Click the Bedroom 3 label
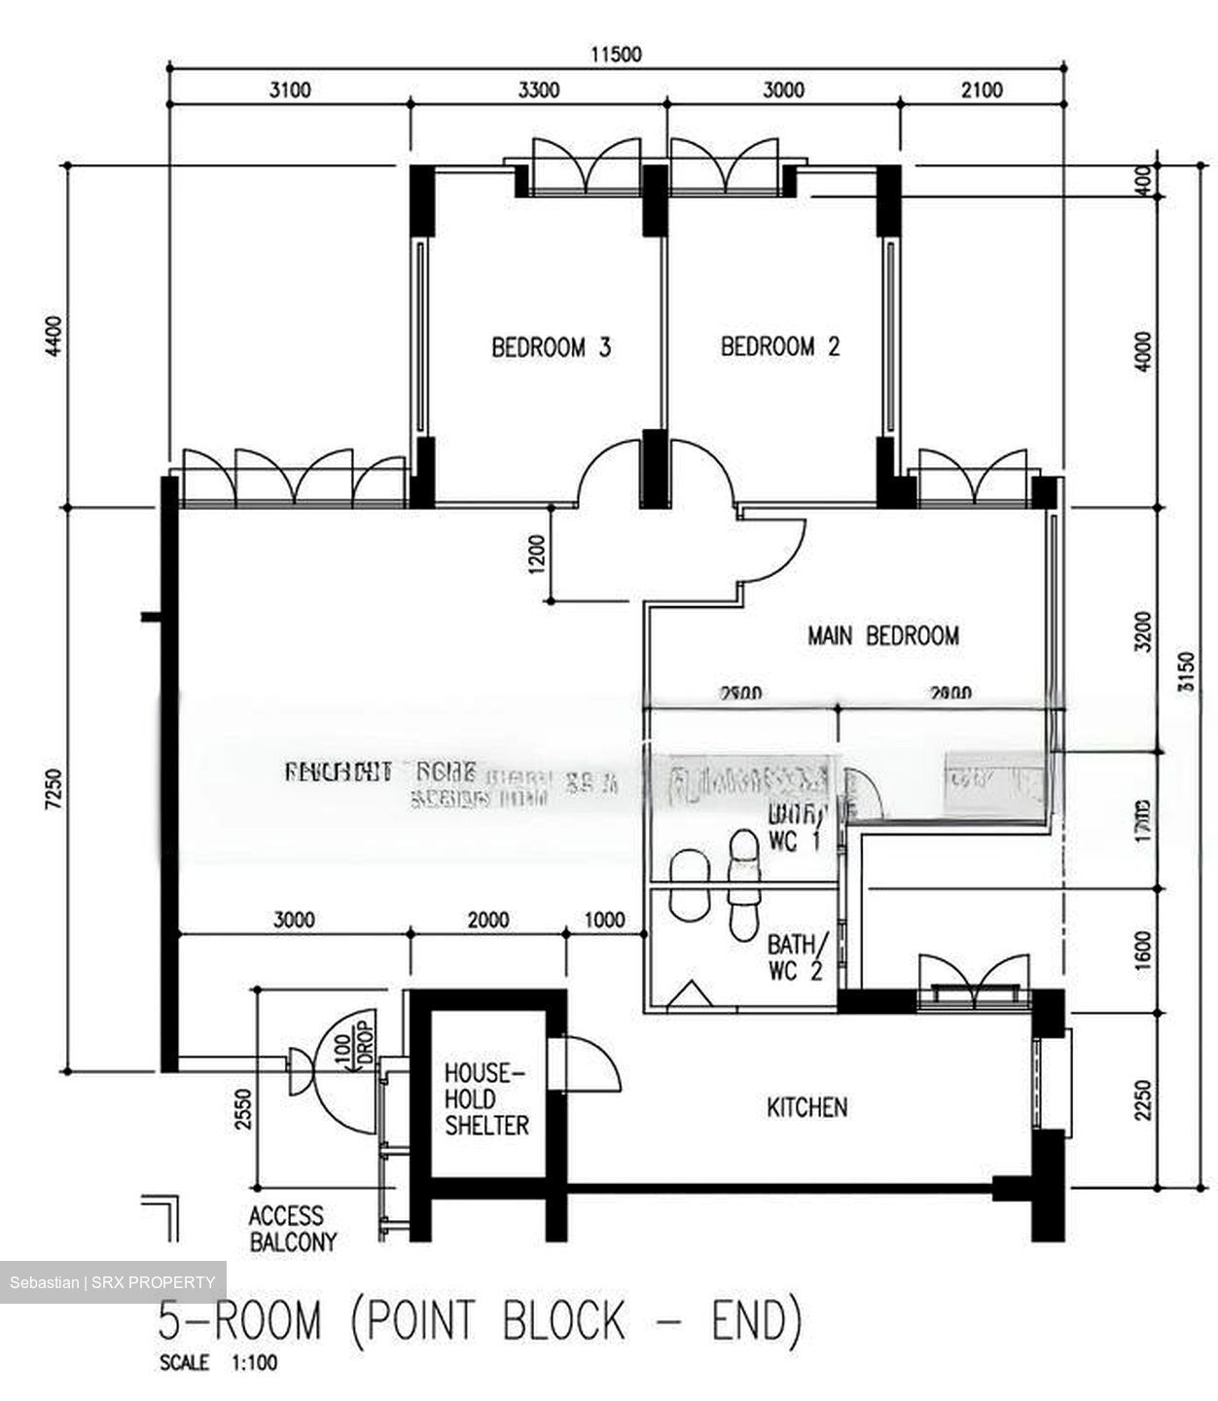[551, 346]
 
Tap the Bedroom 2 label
[780, 346]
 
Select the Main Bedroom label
[882, 635]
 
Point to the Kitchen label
[806, 1107]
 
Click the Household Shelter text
[485, 1099]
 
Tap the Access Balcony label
[292, 1229]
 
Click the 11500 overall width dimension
[617, 54]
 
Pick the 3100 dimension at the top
[289, 90]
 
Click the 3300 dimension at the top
[538, 90]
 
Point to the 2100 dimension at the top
[982, 90]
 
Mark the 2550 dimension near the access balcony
[243, 1108]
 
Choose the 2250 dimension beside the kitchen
[1144, 1099]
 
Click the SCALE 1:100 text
[218, 1363]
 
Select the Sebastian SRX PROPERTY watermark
[113, 1282]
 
